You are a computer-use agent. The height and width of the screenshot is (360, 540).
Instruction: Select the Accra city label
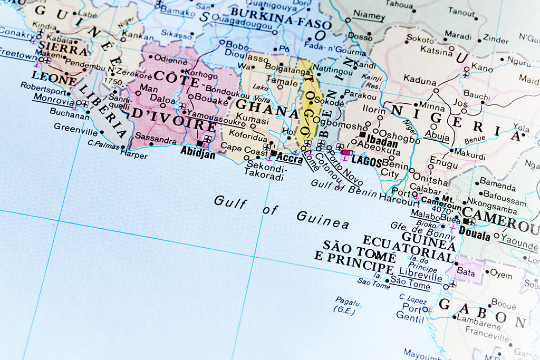(290, 158)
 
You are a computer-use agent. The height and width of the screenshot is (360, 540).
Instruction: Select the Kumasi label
(256, 121)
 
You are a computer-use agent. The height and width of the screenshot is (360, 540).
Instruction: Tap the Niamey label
(369, 16)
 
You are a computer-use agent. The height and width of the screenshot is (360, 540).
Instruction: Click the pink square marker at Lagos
(345, 153)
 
